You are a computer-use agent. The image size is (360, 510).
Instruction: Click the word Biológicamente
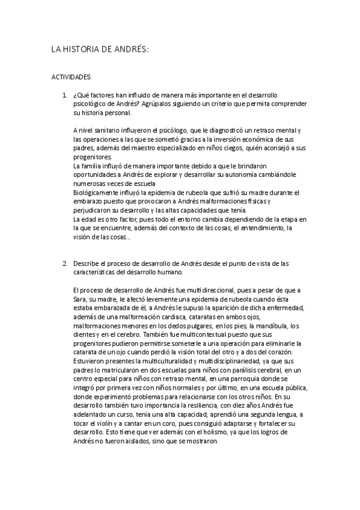click(x=96, y=192)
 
